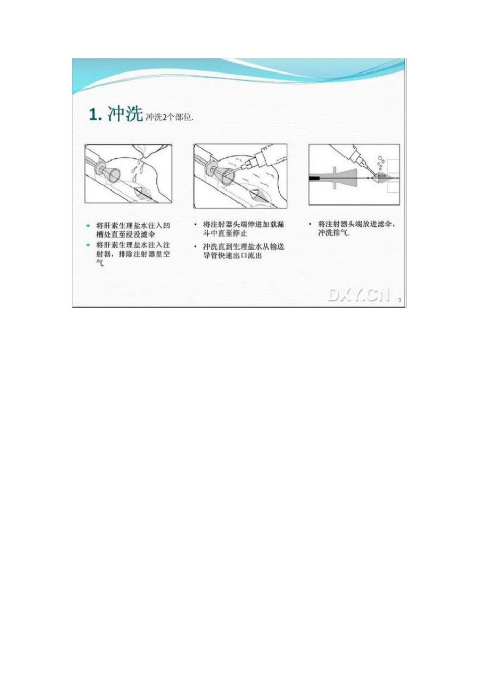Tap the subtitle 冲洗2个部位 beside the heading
click(x=169, y=118)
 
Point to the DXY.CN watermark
click(x=359, y=295)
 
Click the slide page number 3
click(x=400, y=300)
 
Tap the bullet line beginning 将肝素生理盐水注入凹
click(x=133, y=225)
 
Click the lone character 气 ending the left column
click(x=100, y=263)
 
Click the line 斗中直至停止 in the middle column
click(x=225, y=233)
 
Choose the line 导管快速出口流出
click(x=232, y=256)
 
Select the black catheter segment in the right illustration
click(x=316, y=178)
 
